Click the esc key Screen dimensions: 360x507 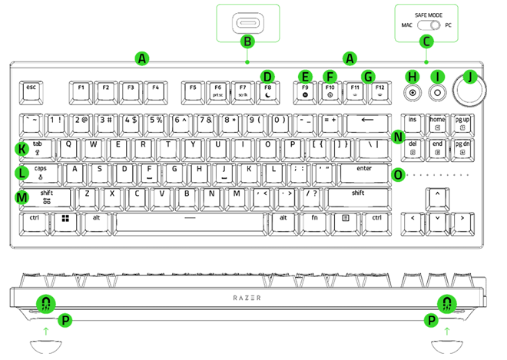(31, 91)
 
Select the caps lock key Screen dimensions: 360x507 (40, 171)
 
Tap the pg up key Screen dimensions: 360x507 (463, 122)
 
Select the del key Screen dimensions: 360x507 (413, 147)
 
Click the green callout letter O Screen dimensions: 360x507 (397, 174)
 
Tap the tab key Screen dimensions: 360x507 (37, 147)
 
